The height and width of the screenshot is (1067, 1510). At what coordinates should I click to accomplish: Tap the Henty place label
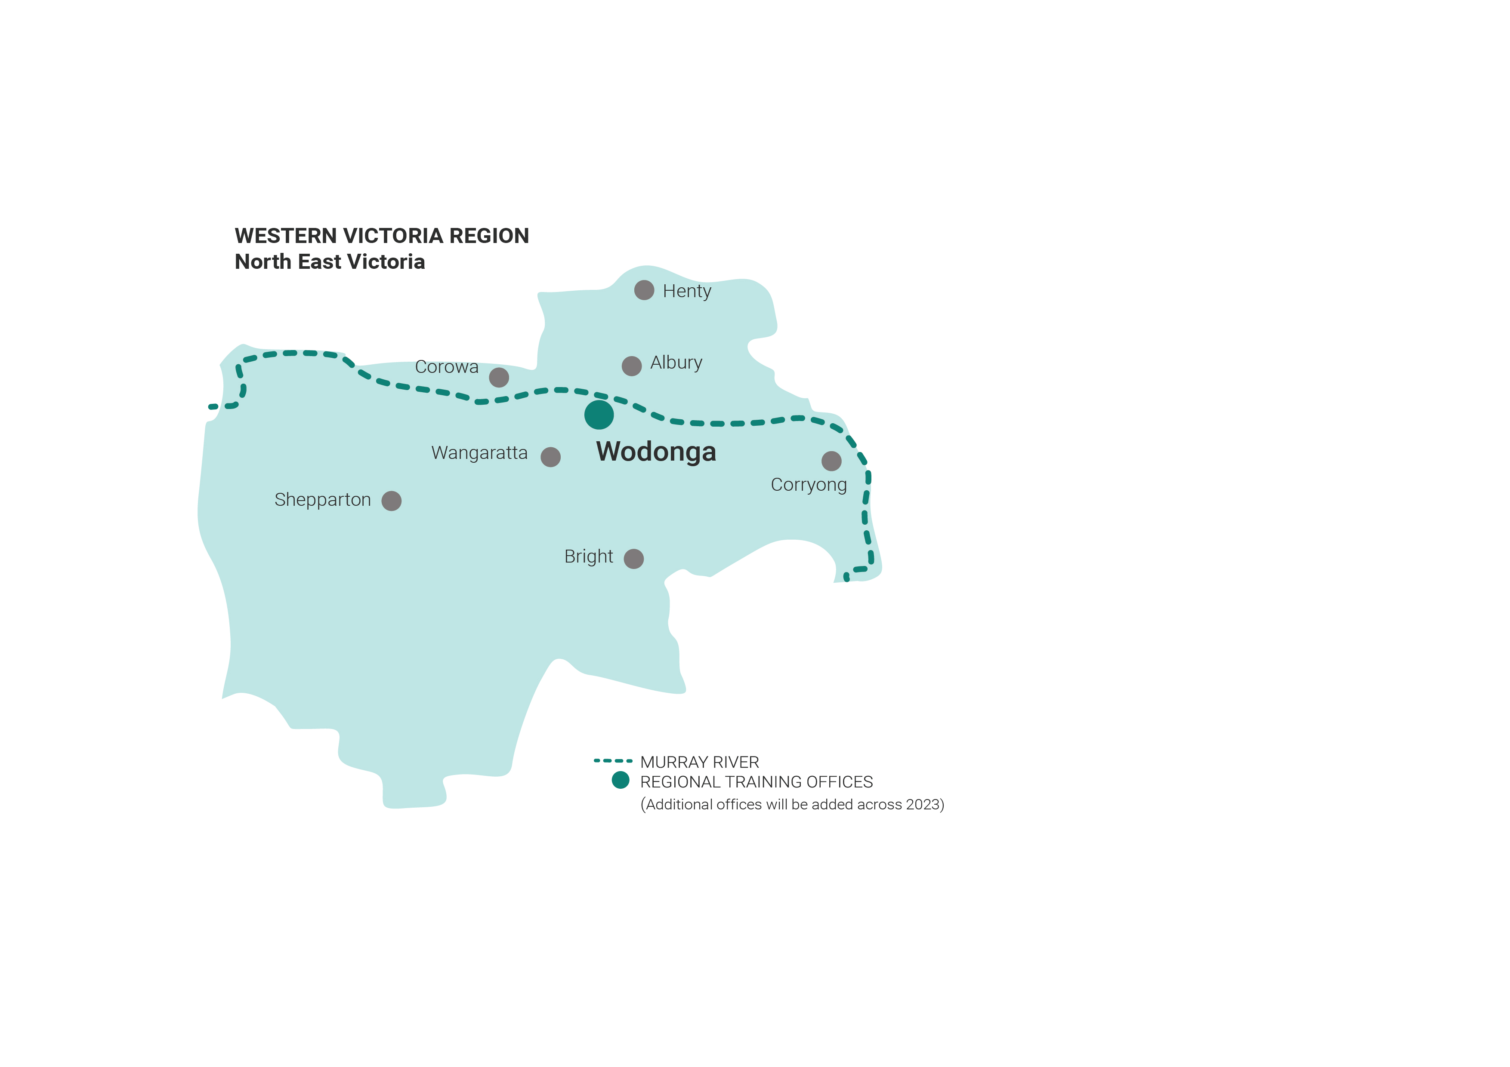pos(687,291)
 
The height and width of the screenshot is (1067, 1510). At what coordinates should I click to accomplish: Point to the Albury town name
pos(676,363)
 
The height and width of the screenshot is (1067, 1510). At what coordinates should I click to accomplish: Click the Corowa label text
pos(447,367)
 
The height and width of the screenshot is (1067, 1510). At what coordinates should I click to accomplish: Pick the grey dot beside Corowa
pos(499,377)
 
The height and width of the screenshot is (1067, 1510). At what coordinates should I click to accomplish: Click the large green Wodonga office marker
pos(599,415)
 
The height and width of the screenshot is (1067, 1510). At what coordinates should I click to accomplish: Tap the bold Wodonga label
pos(656,452)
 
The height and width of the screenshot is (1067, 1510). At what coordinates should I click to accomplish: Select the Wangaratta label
pos(479,453)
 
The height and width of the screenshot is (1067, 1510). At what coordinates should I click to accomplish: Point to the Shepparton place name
pos(322,500)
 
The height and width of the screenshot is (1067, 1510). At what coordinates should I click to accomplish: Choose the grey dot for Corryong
pos(831,461)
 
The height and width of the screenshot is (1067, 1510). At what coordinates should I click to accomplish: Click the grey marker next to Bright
pos(633,559)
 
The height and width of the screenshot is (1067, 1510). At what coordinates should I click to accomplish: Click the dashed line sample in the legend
pos(613,761)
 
